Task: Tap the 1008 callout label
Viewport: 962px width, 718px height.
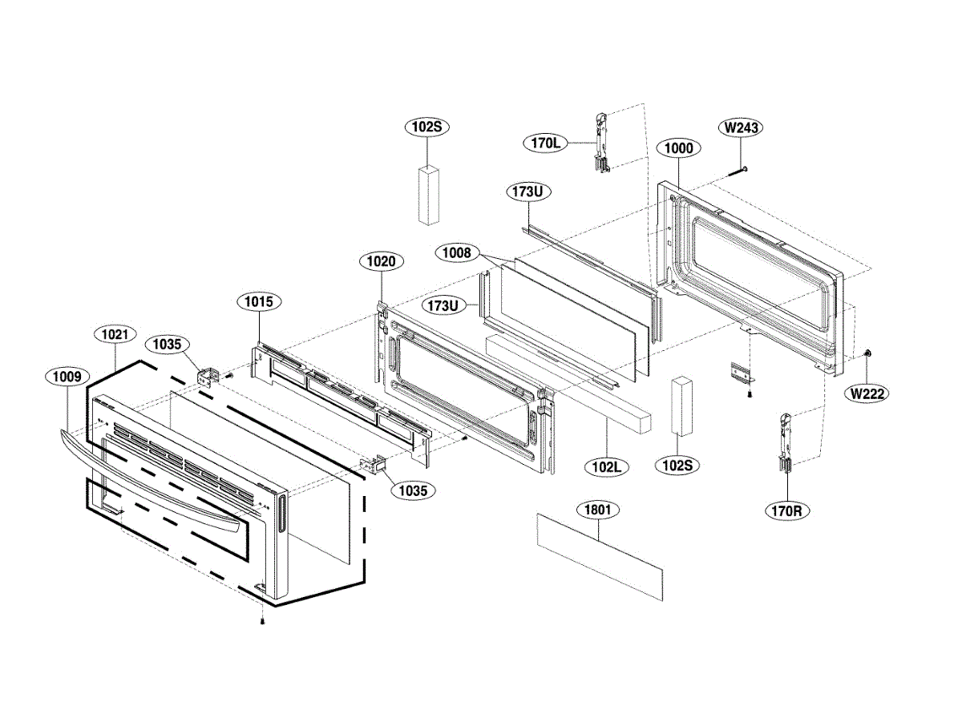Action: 457,253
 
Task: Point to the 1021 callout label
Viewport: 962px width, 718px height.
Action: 116,334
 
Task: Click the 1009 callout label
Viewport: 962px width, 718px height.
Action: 67,375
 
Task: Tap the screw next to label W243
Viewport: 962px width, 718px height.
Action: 738,170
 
